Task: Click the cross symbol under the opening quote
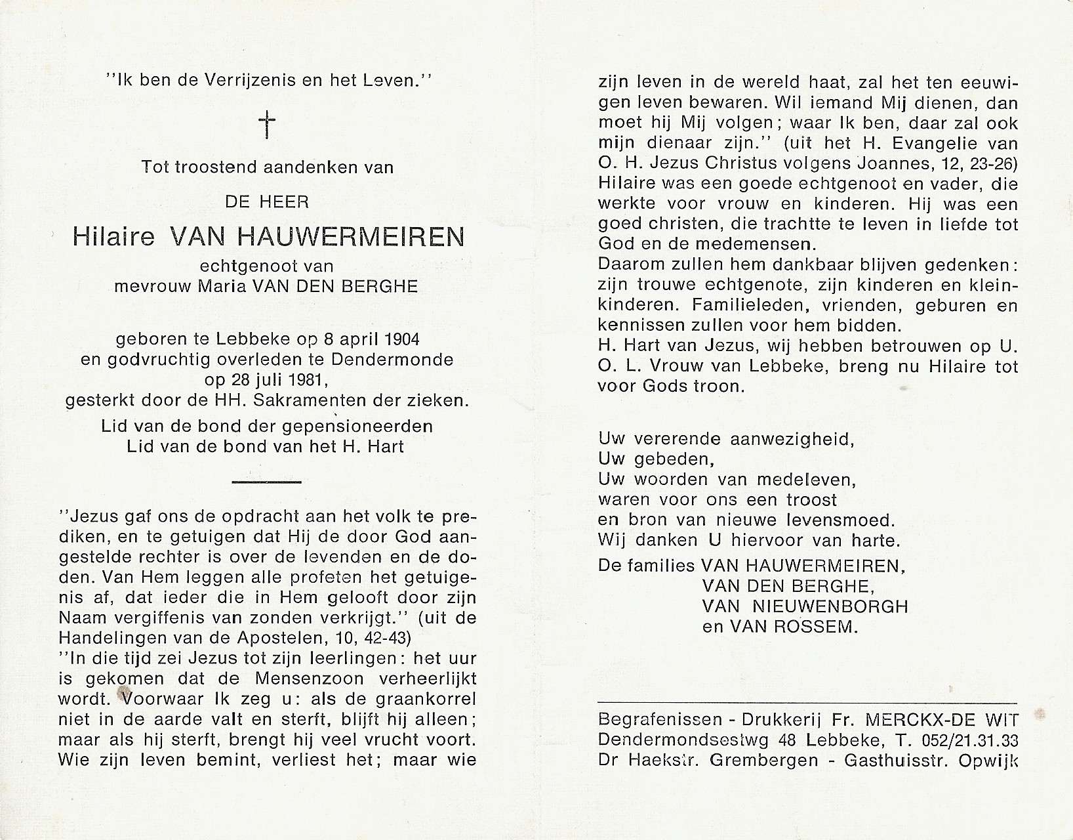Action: pyautogui.click(x=267, y=124)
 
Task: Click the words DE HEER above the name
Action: pyautogui.click(x=266, y=202)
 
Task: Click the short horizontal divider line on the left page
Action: pyautogui.click(x=266, y=482)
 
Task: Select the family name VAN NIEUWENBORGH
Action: pyautogui.click(x=805, y=606)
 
